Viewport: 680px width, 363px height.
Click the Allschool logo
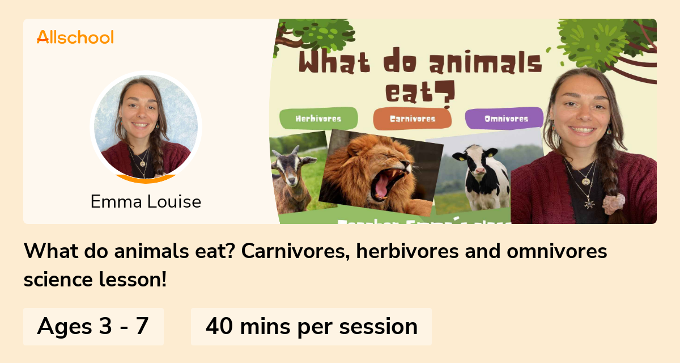[x=75, y=37]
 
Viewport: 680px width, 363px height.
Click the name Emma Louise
[x=146, y=201]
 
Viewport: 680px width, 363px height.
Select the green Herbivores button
[x=318, y=119]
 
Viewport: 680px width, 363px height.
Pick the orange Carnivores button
[x=412, y=119]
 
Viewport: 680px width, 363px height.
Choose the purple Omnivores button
[x=505, y=119]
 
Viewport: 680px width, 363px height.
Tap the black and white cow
[x=479, y=176]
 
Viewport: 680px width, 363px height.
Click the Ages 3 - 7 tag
[x=93, y=327]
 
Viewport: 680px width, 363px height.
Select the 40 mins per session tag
[x=311, y=327]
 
